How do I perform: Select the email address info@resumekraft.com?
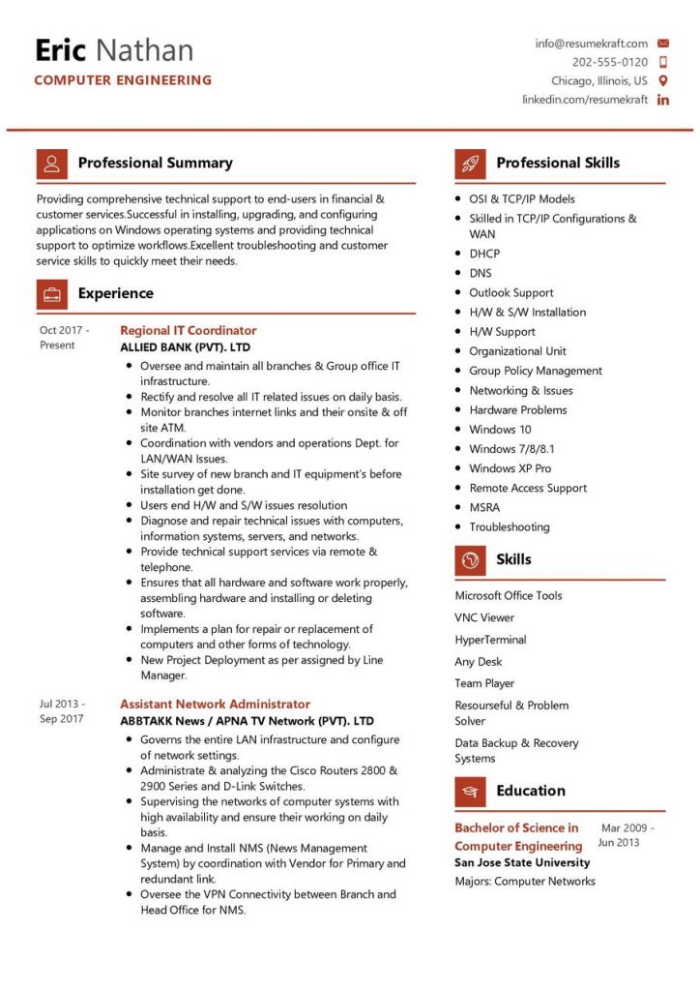(x=591, y=44)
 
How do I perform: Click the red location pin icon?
(x=663, y=81)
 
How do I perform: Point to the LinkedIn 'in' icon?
(x=663, y=101)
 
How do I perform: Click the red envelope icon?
(x=663, y=44)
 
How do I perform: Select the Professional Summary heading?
(x=155, y=163)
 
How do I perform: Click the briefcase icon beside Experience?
(x=51, y=293)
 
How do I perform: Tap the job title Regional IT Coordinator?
(x=188, y=331)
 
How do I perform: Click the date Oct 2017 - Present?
(x=64, y=338)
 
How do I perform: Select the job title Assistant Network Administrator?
(x=215, y=705)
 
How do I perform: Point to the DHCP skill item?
(x=484, y=254)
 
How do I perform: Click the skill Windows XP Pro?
(x=510, y=468)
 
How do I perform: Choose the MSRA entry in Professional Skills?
(x=484, y=507)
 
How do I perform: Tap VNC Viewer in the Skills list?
(x=484, y=617)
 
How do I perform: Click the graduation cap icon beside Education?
(x=470, y=792)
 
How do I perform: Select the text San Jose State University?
(x=522, y=862)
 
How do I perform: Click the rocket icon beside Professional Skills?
(x=470, y=163)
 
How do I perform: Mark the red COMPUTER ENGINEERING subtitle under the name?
(x=123, y=80)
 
